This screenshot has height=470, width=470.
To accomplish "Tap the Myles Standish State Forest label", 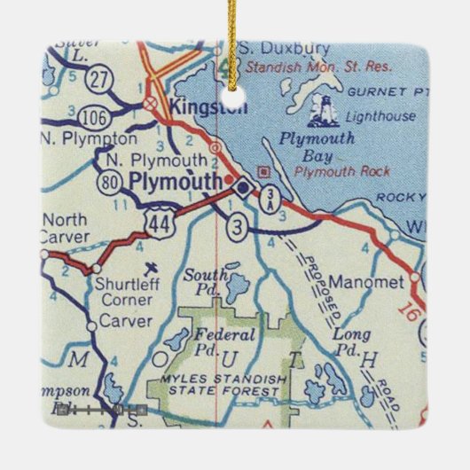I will pos(225,387).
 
